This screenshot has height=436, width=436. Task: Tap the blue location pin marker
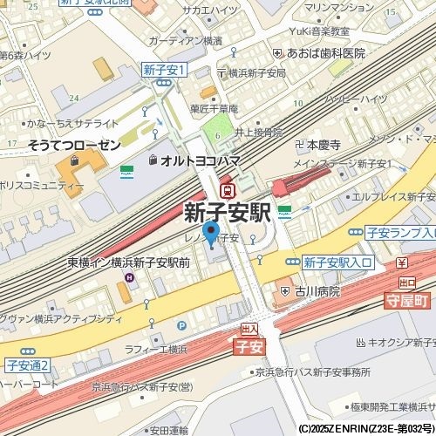click(210, 233)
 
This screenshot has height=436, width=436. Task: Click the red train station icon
click(228, 189)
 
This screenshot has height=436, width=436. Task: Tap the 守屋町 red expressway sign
click(407, 300)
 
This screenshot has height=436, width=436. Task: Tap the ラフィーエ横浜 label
click(155, 349)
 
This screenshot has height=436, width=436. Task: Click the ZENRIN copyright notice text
click(366, 429)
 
